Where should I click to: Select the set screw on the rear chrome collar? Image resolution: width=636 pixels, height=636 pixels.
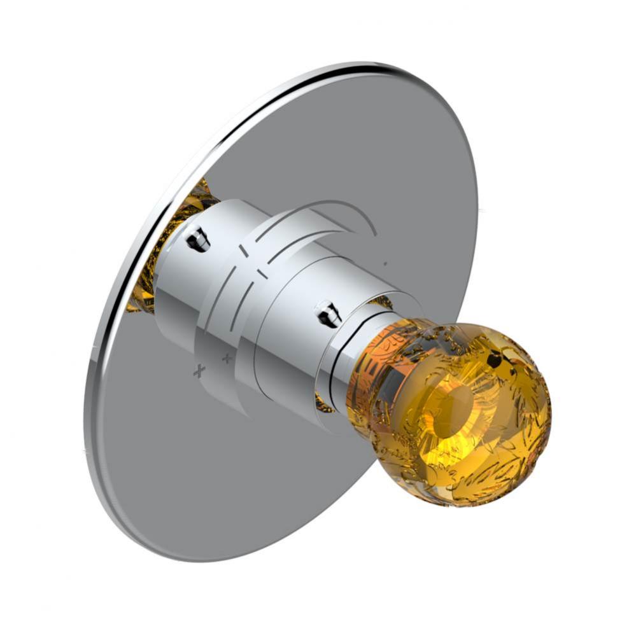coord(198,239)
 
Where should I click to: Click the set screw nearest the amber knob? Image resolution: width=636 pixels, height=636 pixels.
coord(329,314)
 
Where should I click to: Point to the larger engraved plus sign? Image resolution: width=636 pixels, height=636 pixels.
coord(200,371)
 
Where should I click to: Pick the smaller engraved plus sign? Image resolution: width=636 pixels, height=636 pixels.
coord(227,359)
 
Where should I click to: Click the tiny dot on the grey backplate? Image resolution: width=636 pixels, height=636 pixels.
coord(385,262)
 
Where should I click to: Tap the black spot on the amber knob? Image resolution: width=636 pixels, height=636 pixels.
coord(493,361)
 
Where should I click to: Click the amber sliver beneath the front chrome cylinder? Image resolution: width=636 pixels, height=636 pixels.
coord(325,404)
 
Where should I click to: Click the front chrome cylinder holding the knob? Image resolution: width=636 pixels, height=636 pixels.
coord(286,343)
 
